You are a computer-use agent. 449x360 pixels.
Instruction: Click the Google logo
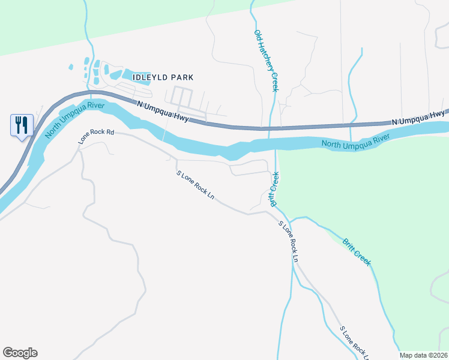click(x=20, y=353)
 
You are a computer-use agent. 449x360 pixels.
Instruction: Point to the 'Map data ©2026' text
click(x=423, y=355)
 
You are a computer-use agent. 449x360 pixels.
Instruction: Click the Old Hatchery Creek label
click(x=267, y=61)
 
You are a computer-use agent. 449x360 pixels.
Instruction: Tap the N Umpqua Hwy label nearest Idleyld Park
click(x=163, y=112)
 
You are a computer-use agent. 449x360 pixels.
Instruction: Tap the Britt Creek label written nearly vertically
click(x=274, y=190)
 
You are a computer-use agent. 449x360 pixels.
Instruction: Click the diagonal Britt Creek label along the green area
click(x=357, y=252)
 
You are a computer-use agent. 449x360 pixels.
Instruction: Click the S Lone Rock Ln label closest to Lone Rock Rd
click(x=196, y=185)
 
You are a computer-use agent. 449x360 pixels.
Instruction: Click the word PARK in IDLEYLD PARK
click(x=182, y=77)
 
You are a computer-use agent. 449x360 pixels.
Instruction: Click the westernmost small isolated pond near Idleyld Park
click(x=71, y=67)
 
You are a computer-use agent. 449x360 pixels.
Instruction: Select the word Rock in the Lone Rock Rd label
click(x=97, y=136)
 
